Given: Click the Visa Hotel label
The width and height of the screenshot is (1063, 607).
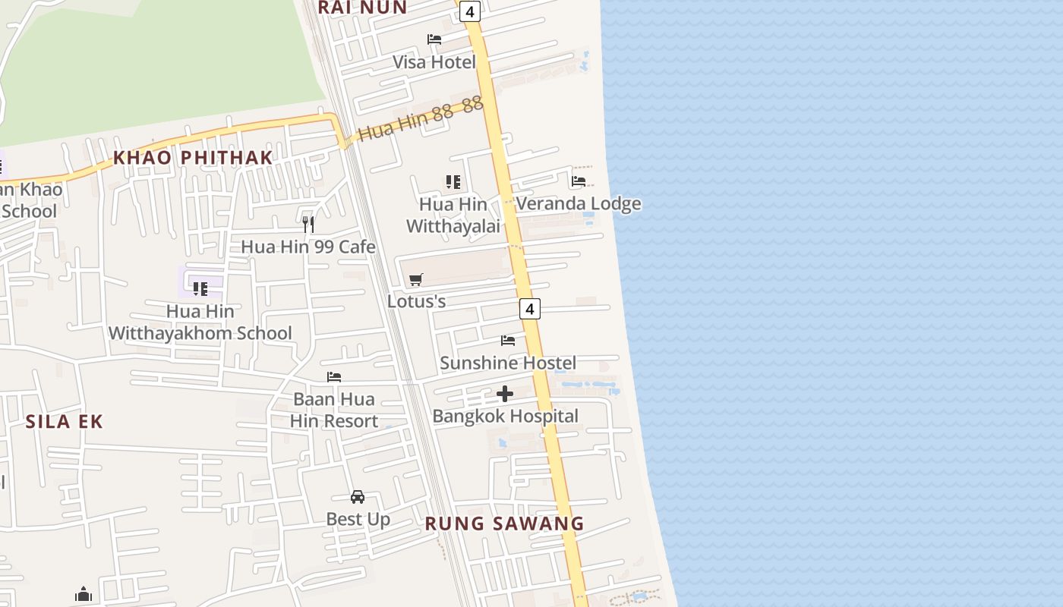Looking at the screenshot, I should point(434,62).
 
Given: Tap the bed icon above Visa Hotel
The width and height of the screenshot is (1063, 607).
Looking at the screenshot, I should point(434,39).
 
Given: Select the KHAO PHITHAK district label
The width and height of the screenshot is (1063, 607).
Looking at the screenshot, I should point(193,158).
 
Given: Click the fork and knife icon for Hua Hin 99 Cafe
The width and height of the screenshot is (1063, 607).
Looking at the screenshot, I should point(308,224).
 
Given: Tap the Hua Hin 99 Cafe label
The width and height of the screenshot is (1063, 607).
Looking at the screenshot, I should point(308,247).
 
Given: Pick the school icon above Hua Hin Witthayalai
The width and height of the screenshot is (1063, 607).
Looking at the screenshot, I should point(453,182).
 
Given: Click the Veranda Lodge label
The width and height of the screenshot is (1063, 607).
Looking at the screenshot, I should point(579,203).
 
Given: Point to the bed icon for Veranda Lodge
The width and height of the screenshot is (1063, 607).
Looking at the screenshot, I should point(579,181).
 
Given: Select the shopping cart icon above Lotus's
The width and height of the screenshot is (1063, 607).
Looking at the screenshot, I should point(415,280).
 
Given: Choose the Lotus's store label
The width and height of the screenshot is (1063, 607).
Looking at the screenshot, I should point(416,301).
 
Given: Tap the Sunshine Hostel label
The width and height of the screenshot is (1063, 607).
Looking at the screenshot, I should point(508,363).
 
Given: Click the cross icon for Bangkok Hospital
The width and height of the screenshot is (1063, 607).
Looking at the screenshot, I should point(505,394).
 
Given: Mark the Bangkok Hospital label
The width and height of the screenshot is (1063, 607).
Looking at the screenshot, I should point(505,416).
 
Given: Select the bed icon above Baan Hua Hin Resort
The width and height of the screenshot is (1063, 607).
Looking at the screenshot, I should point(334,377).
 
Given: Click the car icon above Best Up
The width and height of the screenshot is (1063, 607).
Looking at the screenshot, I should point(358,497).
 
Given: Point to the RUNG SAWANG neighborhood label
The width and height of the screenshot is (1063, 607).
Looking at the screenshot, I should point(504,524).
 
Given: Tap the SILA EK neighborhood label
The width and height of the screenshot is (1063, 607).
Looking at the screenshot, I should point(65,422).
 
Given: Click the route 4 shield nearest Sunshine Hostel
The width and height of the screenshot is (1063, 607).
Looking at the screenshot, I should point(530,309).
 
